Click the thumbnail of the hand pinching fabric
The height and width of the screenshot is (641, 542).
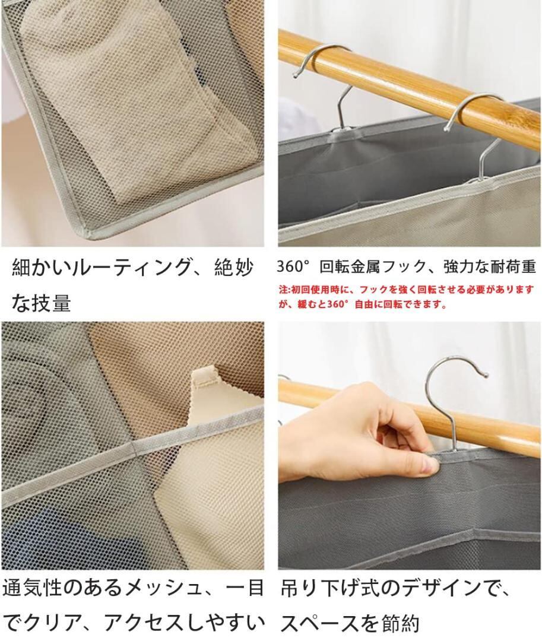[410, 446]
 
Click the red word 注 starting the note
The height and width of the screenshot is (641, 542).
[283, 290]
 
